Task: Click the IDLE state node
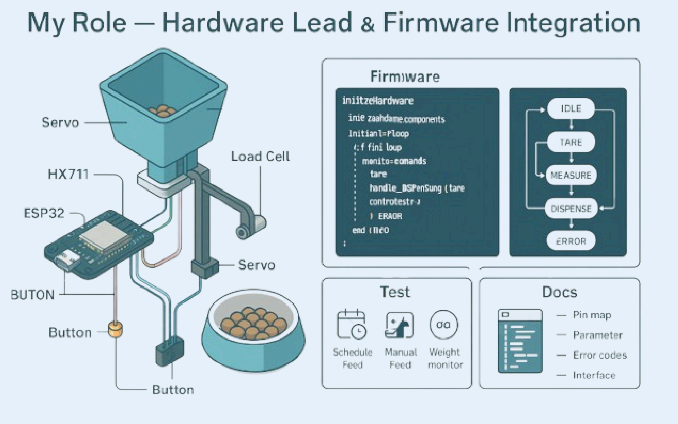pos(571,109)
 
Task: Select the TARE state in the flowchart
pos(571,142)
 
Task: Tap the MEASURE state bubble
pos(571,175)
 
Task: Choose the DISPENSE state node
pos(571,209)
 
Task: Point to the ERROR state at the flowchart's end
pos(571,241)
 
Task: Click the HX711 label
pos(68,174)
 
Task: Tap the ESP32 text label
pos(44,213)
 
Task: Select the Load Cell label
pos(260,156)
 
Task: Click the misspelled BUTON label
pos(32,295)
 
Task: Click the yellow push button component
pos(115,329)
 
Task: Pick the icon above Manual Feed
pos(399,325)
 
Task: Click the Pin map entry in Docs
pos(592,315)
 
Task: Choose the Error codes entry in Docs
pos(600,355)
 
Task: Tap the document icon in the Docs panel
pos(520,341)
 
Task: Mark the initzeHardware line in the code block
pos(378,101)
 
